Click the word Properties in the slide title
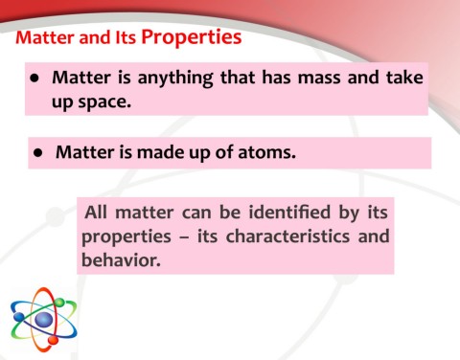(191, 38)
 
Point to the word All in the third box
(99, 213)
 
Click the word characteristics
(278, 236)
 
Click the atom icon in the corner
(43, 320)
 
